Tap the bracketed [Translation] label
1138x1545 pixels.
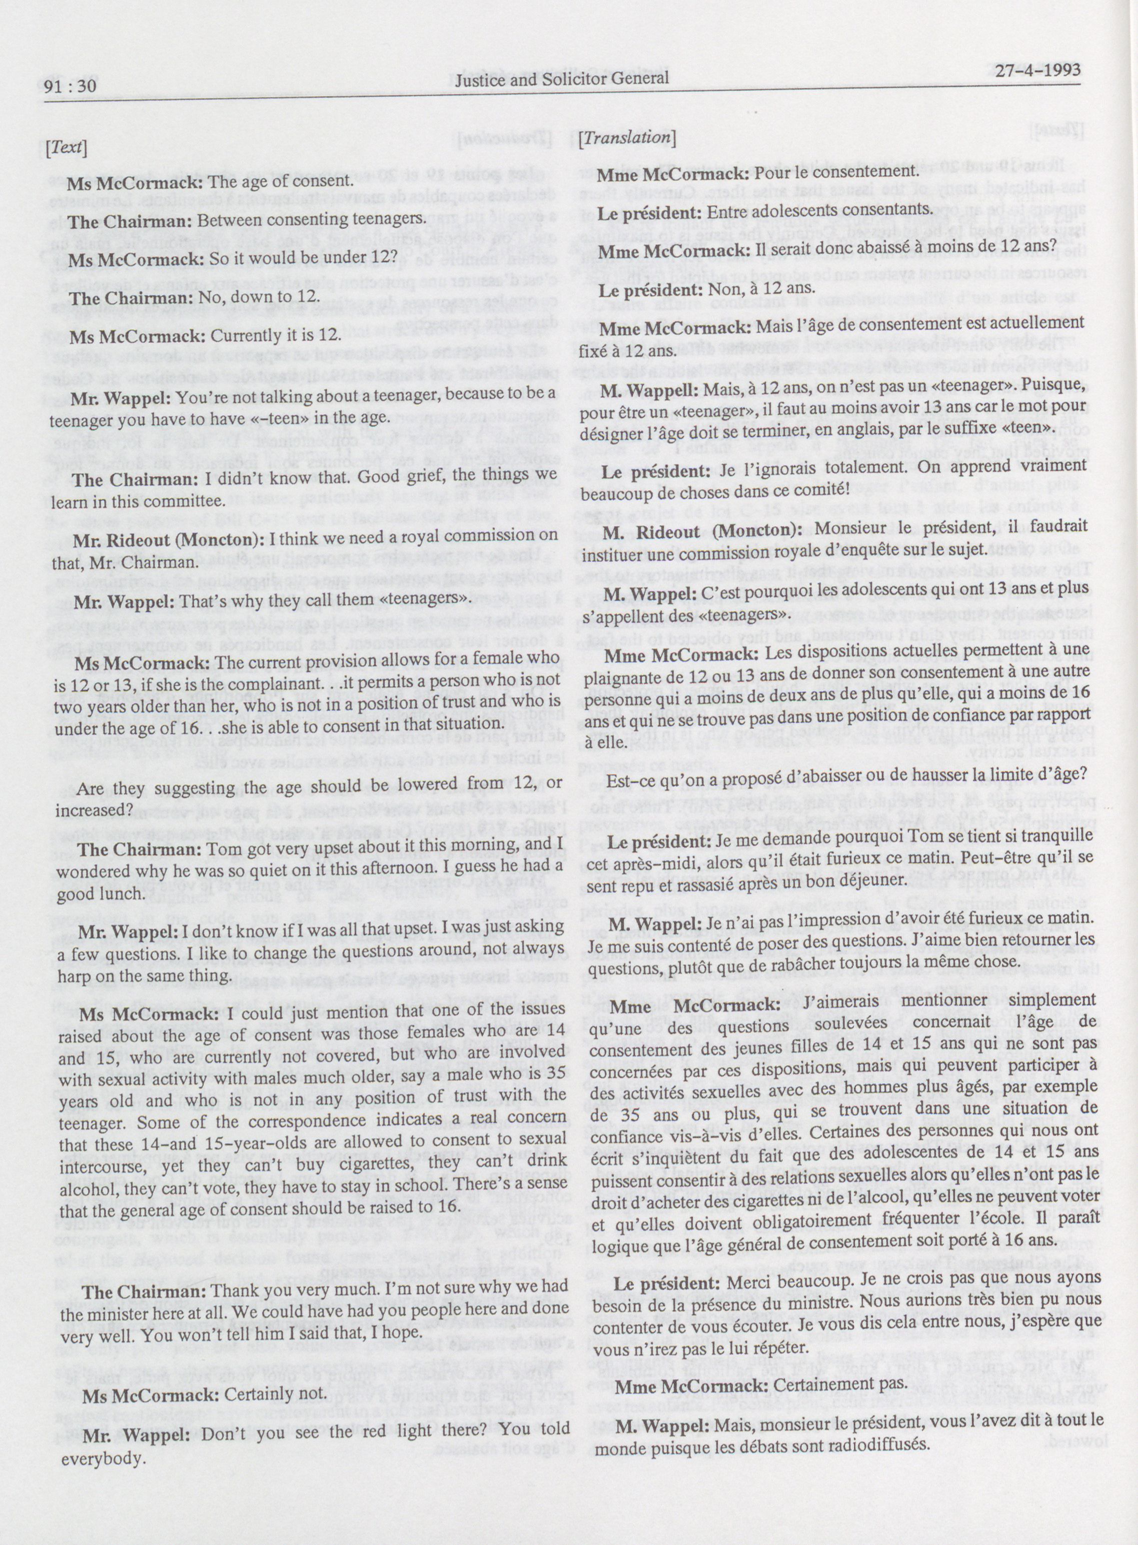coord(627,137)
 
